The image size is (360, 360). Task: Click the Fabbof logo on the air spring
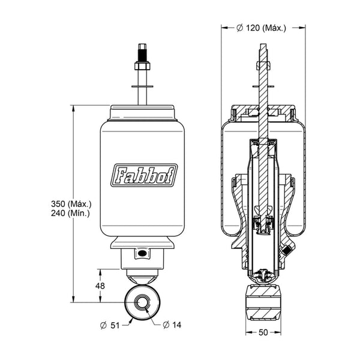point(144,175)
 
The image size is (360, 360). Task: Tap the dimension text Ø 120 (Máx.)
point(262,28)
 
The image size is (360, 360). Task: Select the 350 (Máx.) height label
point(71,203)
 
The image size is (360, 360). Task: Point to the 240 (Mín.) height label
point(70,213)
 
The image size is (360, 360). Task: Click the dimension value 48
point(100,286)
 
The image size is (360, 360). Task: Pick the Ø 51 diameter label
point(110,325)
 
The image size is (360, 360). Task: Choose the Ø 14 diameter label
point(172,325)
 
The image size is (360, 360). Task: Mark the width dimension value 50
point(263,332)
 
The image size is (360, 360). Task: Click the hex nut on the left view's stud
point(142,66)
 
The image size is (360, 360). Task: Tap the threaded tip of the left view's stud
point(142,52)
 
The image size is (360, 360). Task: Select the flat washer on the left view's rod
point(142,86)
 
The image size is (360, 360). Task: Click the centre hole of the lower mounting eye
point(142,302)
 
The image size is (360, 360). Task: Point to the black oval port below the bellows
point(142,253)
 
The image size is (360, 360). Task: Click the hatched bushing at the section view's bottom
point(263,302)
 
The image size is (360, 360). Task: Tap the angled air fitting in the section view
point(287,250)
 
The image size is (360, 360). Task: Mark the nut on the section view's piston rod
point(263,65)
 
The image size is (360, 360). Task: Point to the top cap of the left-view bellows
point(142,113)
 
